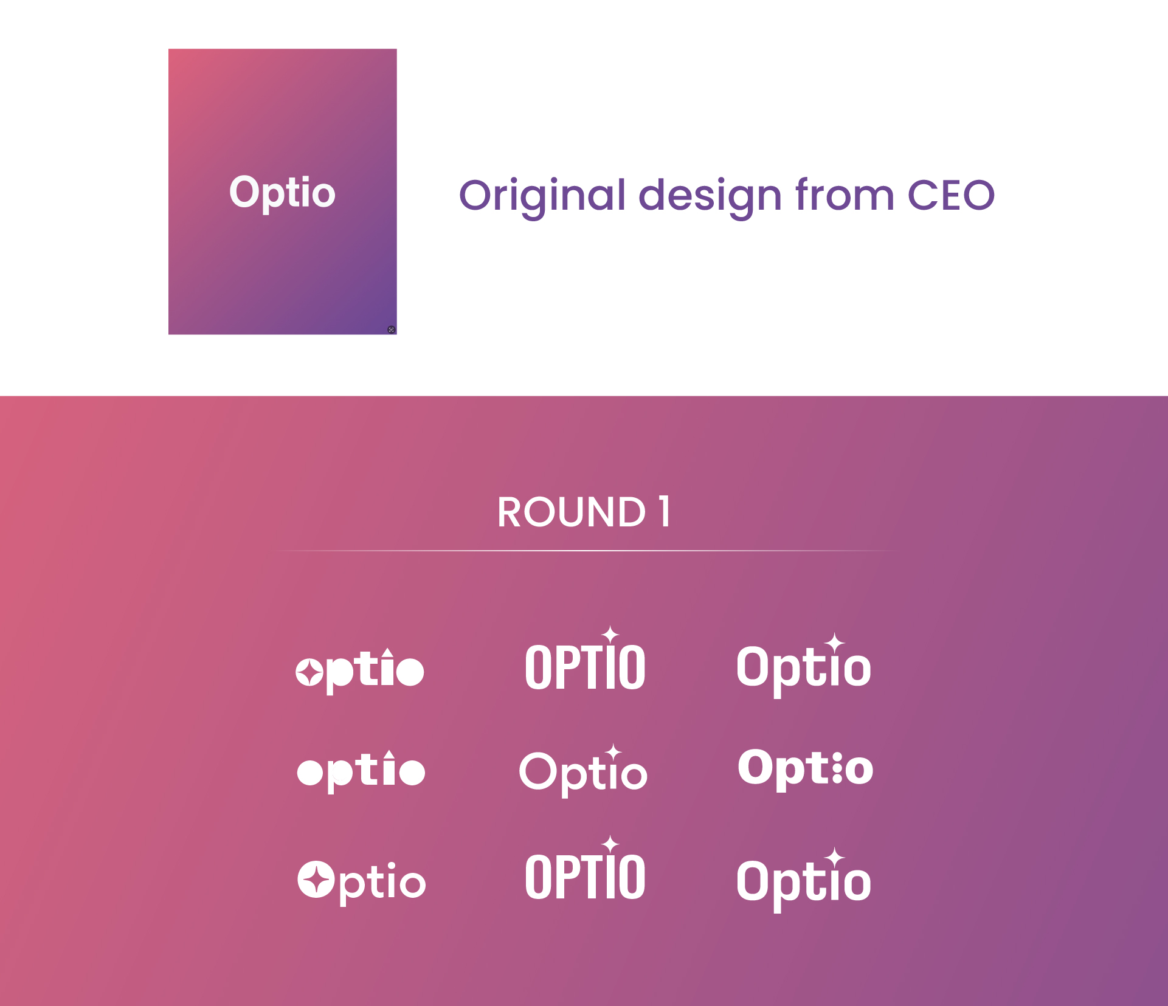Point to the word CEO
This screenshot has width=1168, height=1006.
(x=951, y=195)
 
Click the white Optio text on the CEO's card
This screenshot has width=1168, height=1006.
(x=282, y=193)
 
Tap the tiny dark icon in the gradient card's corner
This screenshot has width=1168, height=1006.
(x=391, y=329)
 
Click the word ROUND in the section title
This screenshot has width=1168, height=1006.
(x=572, y=512)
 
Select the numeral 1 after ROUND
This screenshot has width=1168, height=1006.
(x=665, y=511)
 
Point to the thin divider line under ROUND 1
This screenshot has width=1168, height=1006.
(x=584, y=550)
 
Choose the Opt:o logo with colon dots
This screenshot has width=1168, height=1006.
(x=806, y=769)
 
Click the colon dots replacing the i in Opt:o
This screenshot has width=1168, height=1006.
(x=837, y=768)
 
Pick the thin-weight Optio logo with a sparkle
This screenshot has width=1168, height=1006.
(x=583, y=771)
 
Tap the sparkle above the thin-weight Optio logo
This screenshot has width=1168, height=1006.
(x=613, y=752)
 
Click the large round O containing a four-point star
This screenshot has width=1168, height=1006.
(x=316, y=880)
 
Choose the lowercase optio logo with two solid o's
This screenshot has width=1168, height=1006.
(x=361, y=771)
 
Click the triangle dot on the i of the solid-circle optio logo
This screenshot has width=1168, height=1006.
(x=389, y=756)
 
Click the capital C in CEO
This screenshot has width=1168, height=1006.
(x=925, y=195)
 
